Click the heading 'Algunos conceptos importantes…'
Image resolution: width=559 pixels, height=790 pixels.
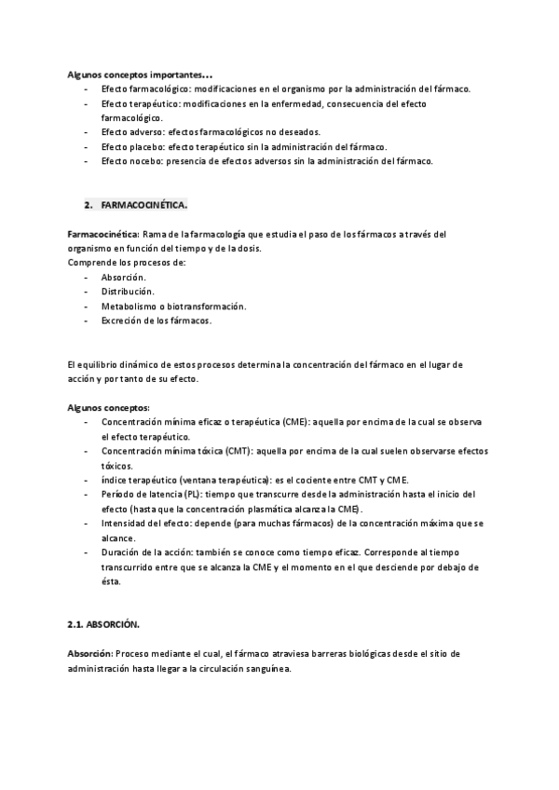(x=140, y=74)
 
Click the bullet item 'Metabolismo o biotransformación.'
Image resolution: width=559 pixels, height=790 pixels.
(x=173, y=306)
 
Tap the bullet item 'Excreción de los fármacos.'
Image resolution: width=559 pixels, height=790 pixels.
(x=157, y=320)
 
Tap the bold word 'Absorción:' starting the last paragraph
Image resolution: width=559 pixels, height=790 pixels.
(x=90, y=654)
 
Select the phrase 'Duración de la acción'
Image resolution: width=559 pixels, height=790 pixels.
(x=151, y=552)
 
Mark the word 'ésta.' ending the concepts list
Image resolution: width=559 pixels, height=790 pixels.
(x=112, y=582)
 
